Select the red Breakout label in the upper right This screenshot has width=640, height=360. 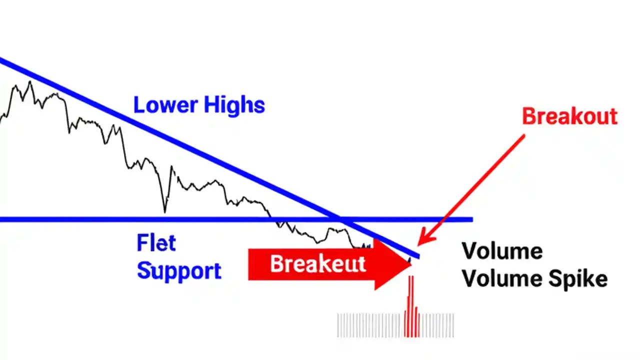569,116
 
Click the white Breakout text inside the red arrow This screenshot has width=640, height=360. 318,263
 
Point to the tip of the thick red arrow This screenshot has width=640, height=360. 411,264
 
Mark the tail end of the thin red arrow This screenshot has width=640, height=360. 524,135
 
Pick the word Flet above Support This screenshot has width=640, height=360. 156,243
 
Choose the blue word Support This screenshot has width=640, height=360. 179,270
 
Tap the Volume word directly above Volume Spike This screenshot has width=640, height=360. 501,251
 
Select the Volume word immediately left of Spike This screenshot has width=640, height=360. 501,279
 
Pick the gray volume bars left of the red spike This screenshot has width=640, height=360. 370,325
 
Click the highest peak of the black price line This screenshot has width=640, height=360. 30,82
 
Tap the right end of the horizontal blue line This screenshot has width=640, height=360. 471,219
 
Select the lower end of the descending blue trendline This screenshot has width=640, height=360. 418,256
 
